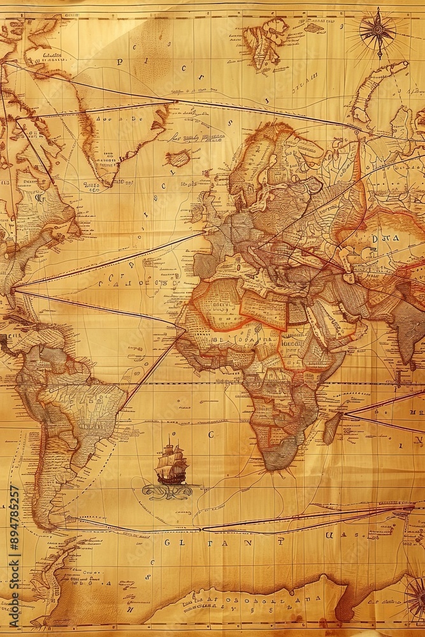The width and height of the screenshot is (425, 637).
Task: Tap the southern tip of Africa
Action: (x=279, y=465)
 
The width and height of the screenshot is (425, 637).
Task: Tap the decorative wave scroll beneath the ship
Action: (x=167, y=491)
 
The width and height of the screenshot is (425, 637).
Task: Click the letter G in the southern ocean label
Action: (x=167, y=543)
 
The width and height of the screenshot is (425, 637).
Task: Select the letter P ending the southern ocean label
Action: (x=280, y=541)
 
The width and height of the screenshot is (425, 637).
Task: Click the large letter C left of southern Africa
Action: (x=211, y=434)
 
